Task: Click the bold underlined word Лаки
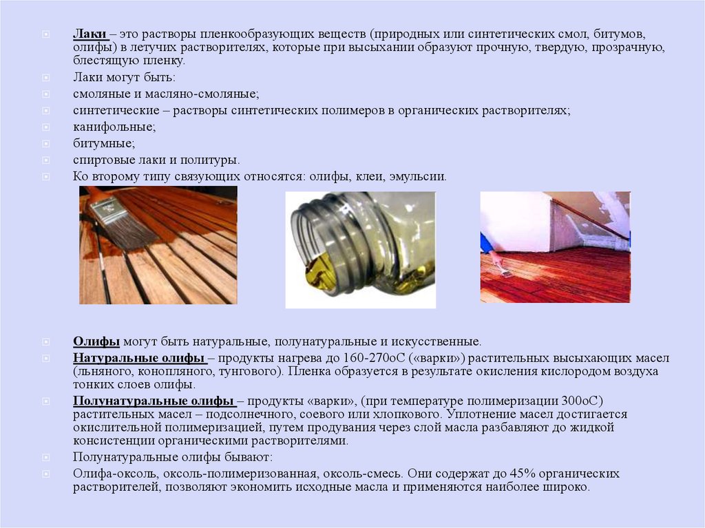(x=90, y=34)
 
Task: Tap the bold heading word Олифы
(x=96, y=342)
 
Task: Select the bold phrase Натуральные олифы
(x=139, y=358)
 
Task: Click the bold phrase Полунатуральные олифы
(x=154, y=401)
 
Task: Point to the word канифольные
(x=114, y=127)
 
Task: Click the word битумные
(x=104, y=143)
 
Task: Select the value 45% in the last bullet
(x=522, y=474)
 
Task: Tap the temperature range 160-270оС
(x=375, y=358)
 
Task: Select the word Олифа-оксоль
(x=115, y=474)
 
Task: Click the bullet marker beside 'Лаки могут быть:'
(x=46, y=77)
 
